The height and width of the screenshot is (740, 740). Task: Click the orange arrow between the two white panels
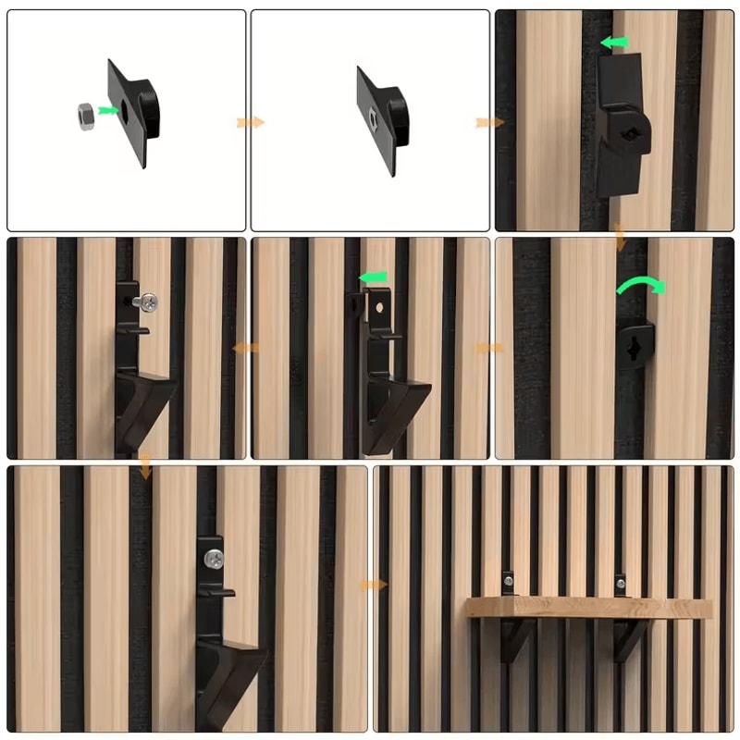[x=250, y=122]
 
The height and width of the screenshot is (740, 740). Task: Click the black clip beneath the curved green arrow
[x=635, y=343]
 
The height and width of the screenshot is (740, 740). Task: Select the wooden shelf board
[x=588, y=608]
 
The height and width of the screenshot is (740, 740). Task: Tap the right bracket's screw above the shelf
[x=621, y=584]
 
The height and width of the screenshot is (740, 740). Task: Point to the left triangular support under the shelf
[x=516, y=638]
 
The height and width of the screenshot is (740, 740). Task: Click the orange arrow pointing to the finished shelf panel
[x=373, y=585]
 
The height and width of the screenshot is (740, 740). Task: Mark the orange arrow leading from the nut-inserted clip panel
[x=489, y=122]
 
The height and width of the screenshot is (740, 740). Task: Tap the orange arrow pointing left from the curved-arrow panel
[x=489, y=348]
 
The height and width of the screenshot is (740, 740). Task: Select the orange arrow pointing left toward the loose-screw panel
[x=246, y=348]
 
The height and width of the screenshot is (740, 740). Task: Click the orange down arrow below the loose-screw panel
[x=145, y=467]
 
